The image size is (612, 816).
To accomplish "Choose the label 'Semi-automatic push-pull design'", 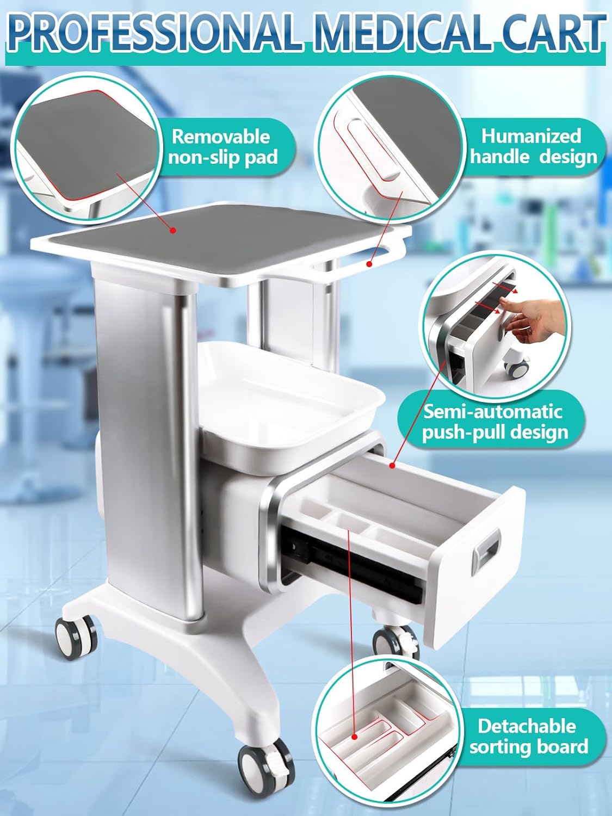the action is click(494, 422).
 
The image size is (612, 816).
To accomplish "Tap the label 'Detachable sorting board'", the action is click(528, 737).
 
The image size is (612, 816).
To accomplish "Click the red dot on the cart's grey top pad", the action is click(172, 231).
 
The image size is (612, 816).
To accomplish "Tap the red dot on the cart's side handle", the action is click(369, 264).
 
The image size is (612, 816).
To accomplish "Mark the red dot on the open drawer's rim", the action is click(392, 465).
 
